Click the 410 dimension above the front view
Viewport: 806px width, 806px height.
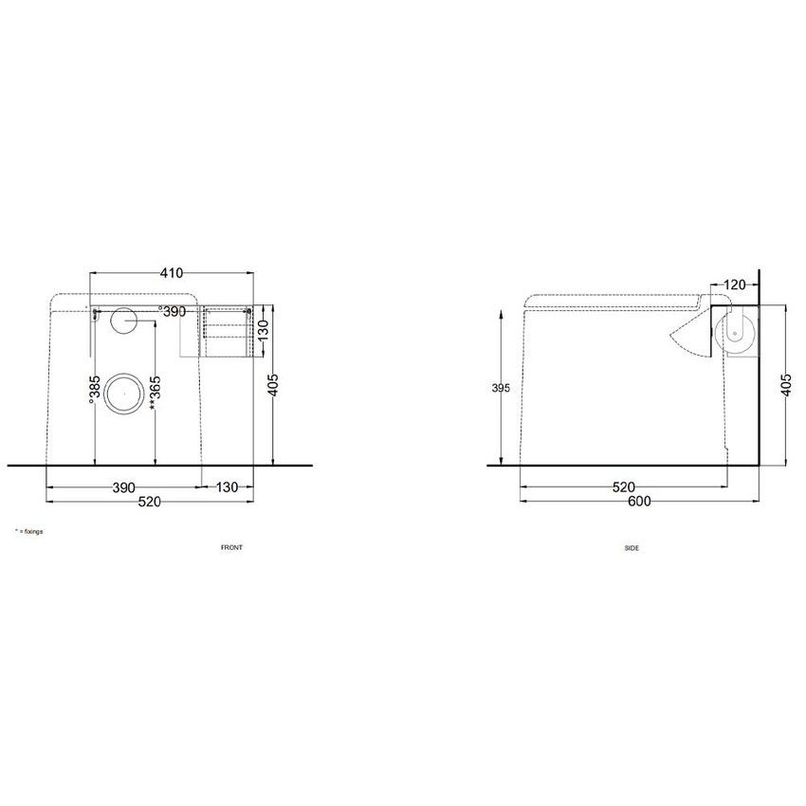[x=172, y=273]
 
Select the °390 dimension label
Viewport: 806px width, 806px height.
[x=172, y=312]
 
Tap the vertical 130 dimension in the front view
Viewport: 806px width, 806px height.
[x=263, y=330]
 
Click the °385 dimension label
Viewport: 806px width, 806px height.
[x=94, y=389]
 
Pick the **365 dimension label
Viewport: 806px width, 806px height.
[x=156, y=393]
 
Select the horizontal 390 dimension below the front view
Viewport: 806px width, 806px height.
[x=124, y=487]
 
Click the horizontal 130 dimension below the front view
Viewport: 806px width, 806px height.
[x=227, y=486]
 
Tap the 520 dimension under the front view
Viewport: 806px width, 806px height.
[x=150, y=502]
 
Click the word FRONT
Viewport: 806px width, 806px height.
[x=231, y=547]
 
